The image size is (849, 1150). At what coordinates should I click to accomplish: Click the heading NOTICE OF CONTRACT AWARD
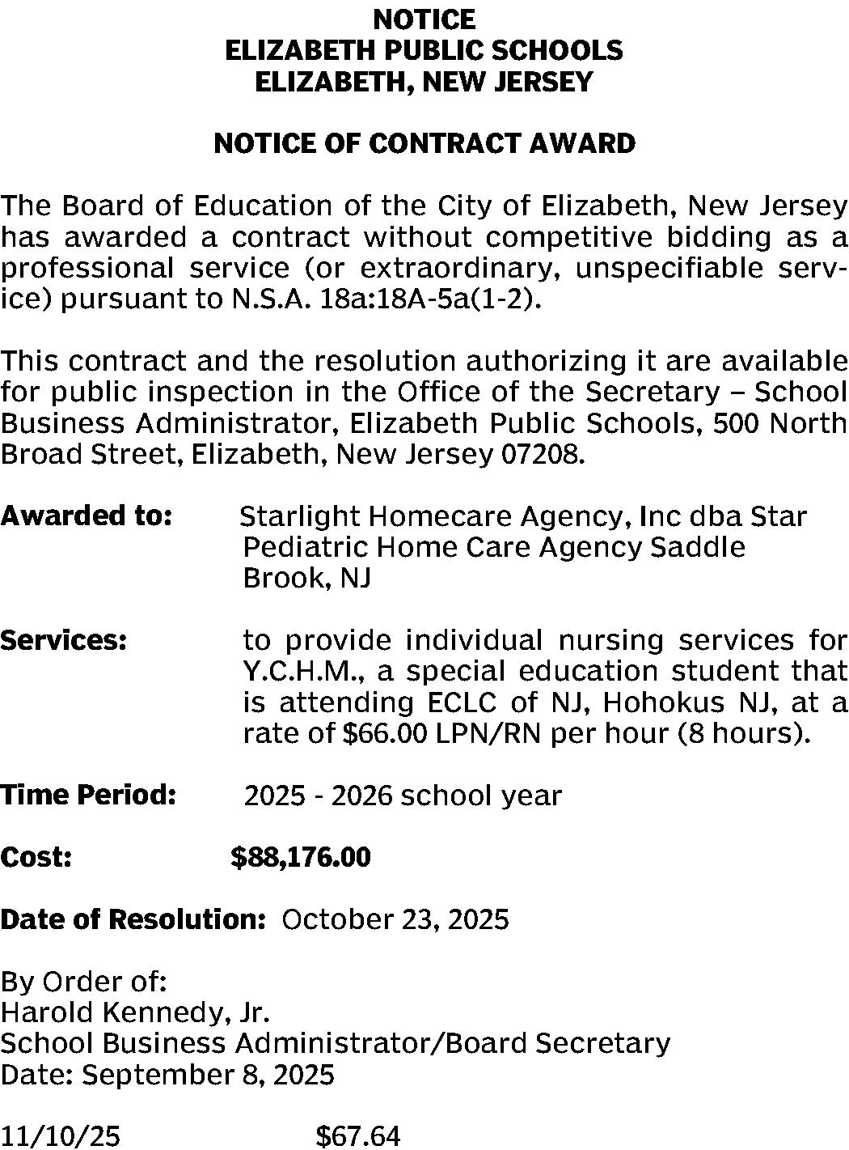(x=424, y=143)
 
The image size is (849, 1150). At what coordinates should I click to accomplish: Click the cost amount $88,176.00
(x=301, y=856)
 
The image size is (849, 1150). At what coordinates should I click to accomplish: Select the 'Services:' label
(x=64, y=640)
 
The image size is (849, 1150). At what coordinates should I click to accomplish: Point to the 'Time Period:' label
(x=88, y=795)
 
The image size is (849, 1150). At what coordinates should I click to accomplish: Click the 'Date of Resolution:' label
(x=133, y=919)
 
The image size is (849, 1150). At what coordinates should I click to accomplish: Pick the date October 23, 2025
(x=395, y=919)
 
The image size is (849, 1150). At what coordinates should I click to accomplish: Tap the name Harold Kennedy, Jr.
(x=135, y=1012)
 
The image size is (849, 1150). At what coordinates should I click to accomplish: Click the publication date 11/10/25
(x=61, y=1136)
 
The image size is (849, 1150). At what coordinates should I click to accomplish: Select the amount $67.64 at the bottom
(x=358, y=1136)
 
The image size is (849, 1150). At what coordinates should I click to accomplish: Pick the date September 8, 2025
(x=208, y=1075)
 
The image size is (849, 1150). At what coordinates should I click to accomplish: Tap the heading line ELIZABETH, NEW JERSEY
(x=424, y=81)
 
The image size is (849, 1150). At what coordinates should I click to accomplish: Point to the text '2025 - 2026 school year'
(x=403, y=796)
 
